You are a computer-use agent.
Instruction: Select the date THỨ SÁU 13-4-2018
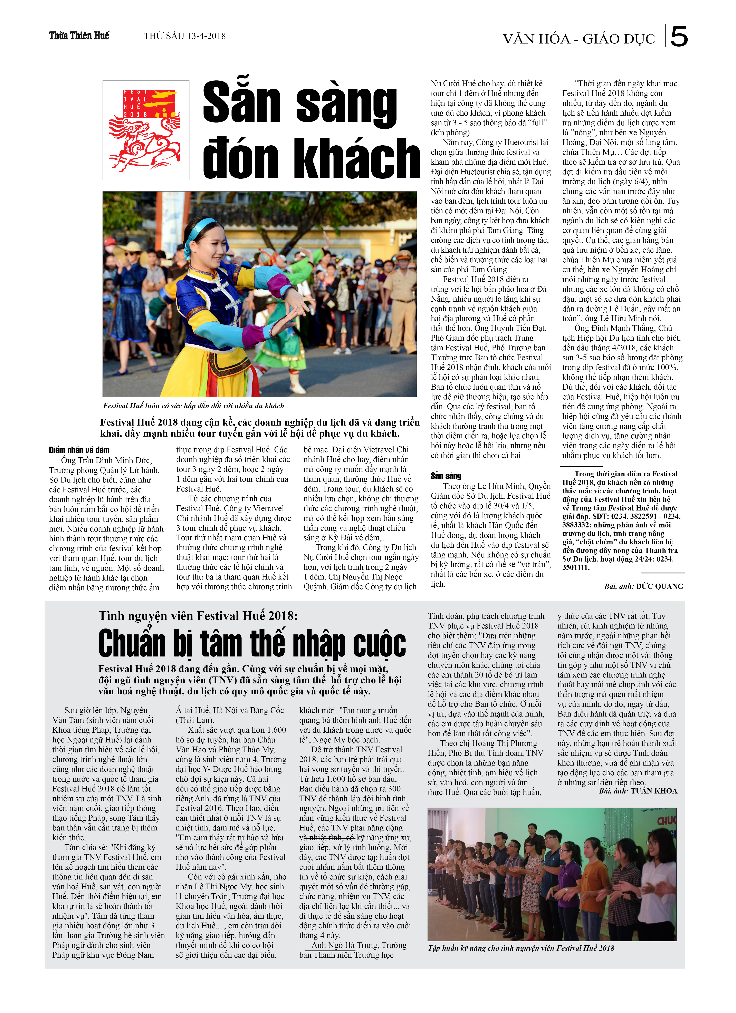[184, 36]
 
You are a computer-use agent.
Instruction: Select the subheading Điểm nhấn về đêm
[79, 450]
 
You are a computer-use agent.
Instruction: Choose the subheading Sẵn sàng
[446, 476]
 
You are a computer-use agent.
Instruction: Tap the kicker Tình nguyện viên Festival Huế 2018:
[198, 616]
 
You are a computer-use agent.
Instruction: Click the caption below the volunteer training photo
[521, 948]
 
